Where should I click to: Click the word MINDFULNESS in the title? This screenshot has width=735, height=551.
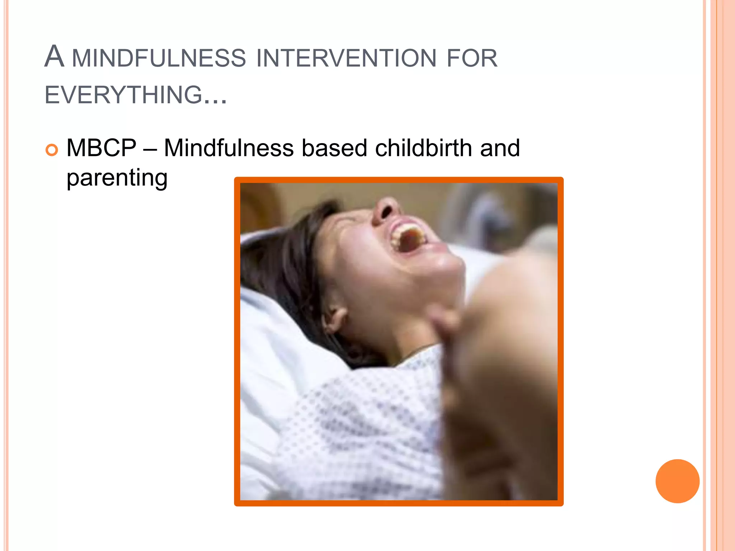159,58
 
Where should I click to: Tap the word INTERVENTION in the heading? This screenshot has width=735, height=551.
346,58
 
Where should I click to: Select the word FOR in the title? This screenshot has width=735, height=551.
472,58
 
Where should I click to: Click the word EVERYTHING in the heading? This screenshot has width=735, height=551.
124,95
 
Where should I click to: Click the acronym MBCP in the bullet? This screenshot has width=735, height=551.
102,148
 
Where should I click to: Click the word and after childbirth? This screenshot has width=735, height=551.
500,148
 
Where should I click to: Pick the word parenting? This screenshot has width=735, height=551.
117,178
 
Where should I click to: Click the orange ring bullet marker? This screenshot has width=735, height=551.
52,150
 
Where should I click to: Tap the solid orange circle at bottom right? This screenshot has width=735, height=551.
677,481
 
